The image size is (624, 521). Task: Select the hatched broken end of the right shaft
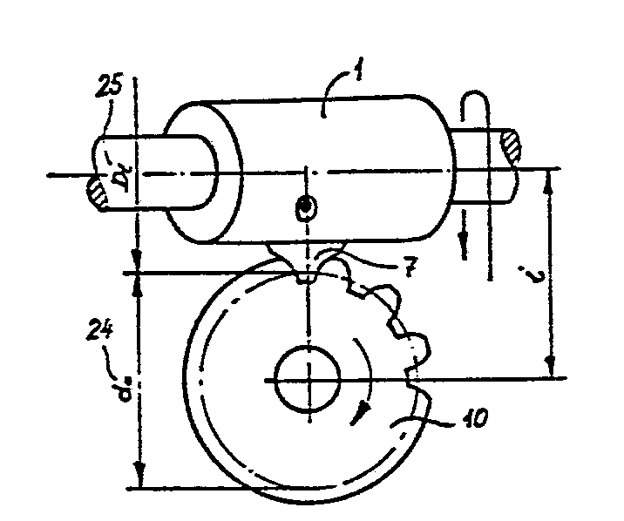click(x=510, y=145)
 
